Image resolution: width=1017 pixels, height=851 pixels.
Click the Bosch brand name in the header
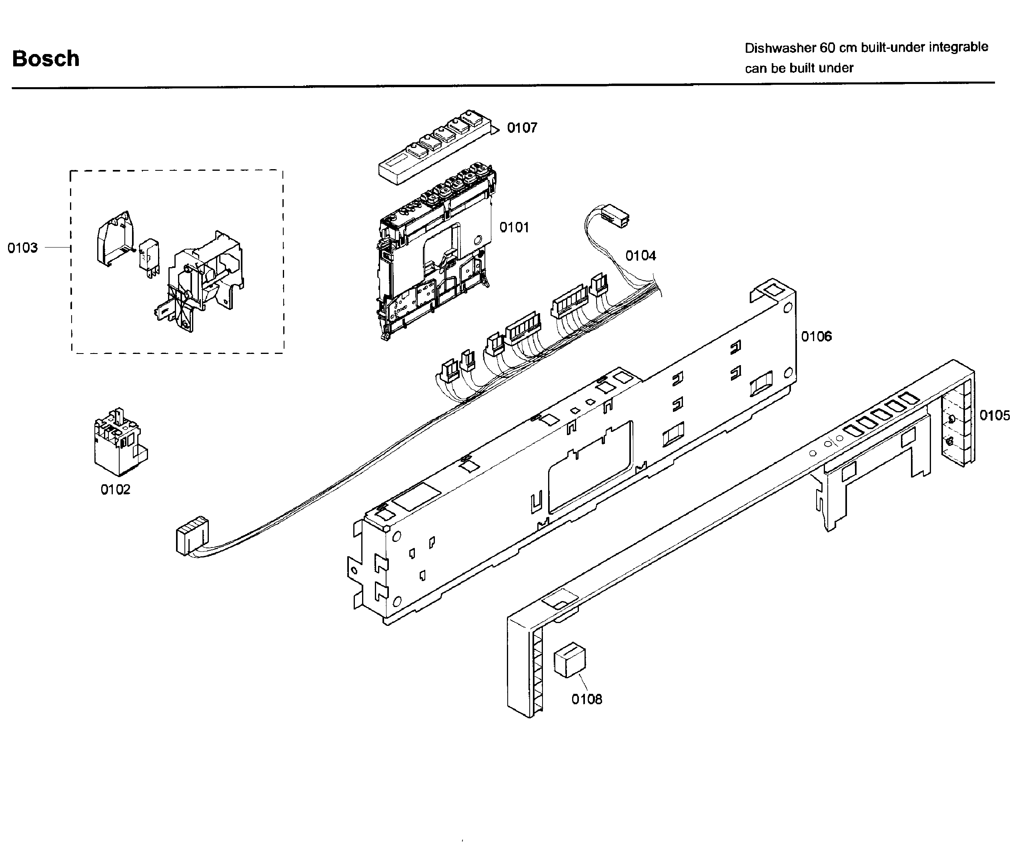(x=46, y=58)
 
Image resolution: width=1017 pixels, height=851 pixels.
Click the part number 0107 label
(x=522, y=128)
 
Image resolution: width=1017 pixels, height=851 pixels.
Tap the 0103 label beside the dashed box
(x=22, y=248)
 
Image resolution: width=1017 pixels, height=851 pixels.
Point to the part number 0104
(x=640, y=256)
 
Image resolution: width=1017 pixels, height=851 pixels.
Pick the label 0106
(x=816, y=336)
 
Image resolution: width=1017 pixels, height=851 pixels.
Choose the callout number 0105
(x=994, y=416)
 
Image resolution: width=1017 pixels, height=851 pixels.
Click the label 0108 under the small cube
(x=587, y=699)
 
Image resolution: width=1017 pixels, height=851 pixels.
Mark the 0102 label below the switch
(x=115, y=489)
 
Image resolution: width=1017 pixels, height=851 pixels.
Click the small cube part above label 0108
(x=570, y=660)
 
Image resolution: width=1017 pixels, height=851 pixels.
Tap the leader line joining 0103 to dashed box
(x=58, y=248)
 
